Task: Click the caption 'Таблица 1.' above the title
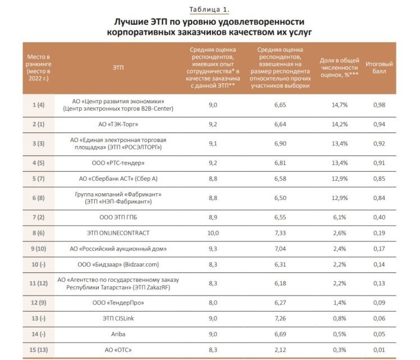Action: [209, 10]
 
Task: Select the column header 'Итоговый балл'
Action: [379, 67]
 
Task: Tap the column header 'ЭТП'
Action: [118, 67]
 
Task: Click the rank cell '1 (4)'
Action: [39, 105]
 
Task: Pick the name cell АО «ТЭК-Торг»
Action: [118, 124]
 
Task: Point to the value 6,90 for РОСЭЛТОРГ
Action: [280, 144]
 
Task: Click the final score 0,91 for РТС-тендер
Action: [379, 163]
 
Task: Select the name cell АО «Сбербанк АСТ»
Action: [118, 179]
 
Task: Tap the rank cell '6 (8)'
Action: [39, 198]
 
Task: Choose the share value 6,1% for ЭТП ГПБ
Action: [339, 217]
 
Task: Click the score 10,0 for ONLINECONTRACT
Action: [213, 233]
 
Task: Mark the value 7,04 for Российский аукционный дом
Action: [280, 249]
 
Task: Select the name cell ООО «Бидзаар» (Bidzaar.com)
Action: [118, 265]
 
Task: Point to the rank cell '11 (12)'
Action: [39, 284]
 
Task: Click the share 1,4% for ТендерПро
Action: [339, 303]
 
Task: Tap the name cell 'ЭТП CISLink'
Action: [118, 318]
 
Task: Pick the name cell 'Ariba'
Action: [118, 334]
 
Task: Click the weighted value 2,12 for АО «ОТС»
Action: [280, 350]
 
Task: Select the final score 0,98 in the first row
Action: [379, 105]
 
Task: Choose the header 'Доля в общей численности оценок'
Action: [339, 67]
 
